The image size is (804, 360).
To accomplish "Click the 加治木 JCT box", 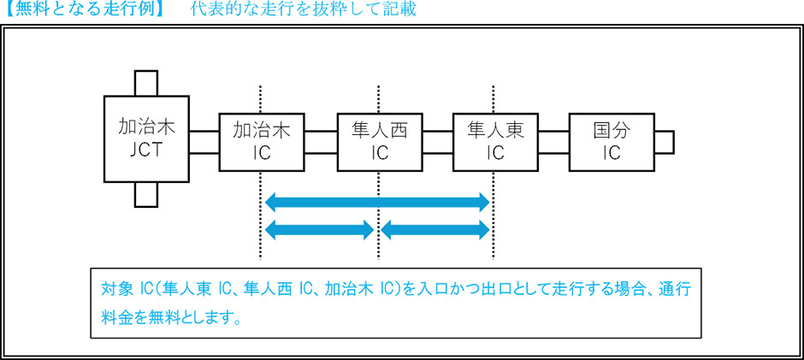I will tap(146, 139).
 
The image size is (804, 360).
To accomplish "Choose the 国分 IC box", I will tap(611, 141).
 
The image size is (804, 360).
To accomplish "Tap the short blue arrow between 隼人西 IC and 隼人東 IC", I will tap(435, 229).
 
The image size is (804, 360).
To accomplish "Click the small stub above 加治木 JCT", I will tap(146, 84).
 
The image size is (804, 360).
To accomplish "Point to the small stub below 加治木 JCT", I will tap(146, 195).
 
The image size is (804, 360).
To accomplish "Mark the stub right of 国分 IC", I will tap(664, 142).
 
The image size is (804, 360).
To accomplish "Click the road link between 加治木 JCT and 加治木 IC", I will tap(204, 142).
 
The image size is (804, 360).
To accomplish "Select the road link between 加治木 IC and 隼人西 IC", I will tap(321, 142).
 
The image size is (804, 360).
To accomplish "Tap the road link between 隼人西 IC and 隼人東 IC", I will tap(437, 142).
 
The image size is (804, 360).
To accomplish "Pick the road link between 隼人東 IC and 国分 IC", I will tap(553, 142).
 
